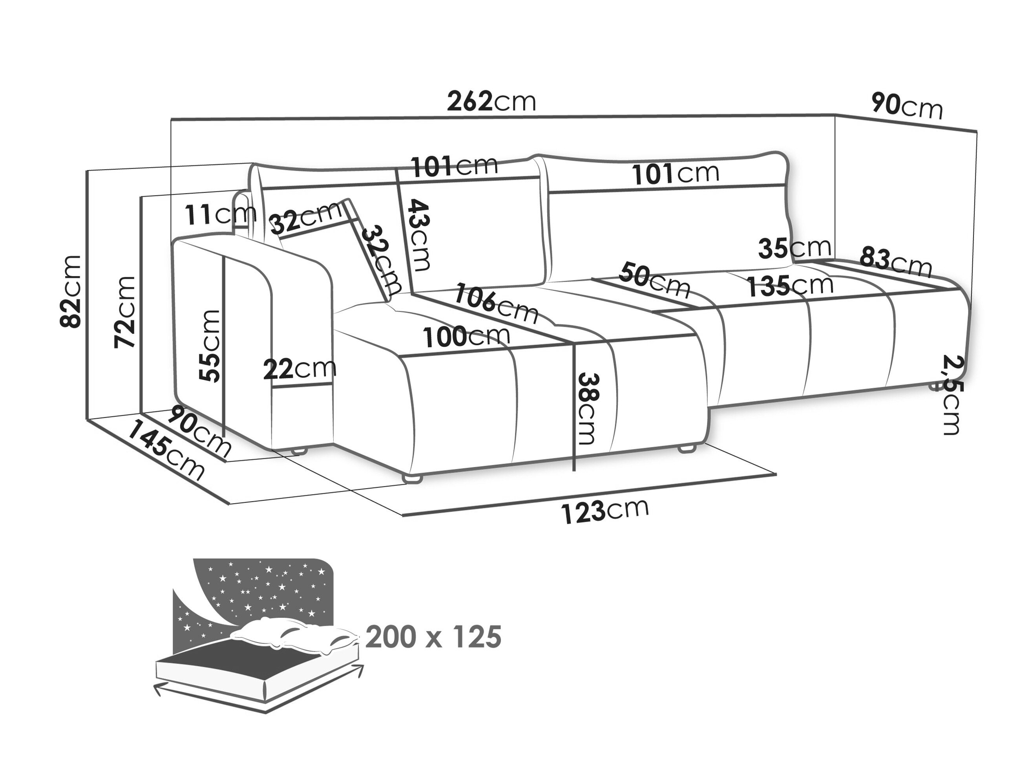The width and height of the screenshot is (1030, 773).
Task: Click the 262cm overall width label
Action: (x=491, y=102)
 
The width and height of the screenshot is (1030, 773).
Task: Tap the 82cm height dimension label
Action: (x=71, y=291)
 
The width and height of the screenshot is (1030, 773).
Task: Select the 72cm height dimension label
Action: (x=125, y=312)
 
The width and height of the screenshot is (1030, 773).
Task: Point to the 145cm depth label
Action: (x=165, y=449)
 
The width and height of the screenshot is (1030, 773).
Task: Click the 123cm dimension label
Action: (x=604, y=511)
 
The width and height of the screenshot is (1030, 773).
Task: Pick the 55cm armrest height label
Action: (x=210, y=346)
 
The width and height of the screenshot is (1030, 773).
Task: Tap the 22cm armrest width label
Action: (x=300, y=369)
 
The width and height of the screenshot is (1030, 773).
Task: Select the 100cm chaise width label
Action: (x=466, y=336)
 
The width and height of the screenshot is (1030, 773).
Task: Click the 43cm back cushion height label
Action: (x=419, y=235)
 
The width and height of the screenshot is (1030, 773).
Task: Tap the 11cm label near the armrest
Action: (x=220, y=214)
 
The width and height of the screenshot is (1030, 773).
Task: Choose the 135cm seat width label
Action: (x=790, y=286)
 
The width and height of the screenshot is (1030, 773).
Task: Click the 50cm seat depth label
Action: (x=654, y=280)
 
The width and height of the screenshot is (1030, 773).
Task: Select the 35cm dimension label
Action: (x=794, y=248)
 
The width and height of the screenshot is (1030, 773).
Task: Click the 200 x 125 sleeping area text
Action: (x=433, y=637)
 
